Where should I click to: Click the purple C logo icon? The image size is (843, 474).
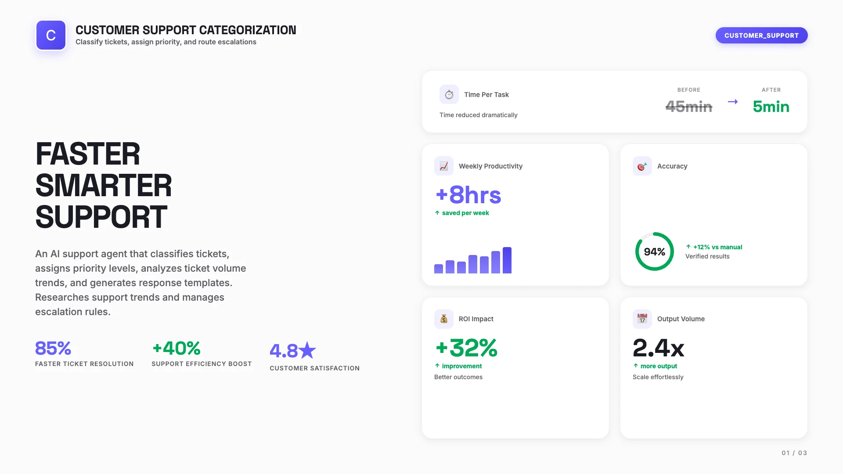coord(51,35)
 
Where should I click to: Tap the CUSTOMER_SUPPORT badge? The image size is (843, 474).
coord(761,36)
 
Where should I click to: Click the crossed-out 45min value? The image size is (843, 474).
coord(688,107)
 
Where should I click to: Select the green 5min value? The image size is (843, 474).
coord(771,107)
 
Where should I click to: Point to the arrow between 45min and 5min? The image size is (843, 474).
coord(733,102)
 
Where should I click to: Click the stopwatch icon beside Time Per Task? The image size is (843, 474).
coord(449,94)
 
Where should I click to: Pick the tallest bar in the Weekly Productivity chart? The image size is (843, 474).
coord(507,260)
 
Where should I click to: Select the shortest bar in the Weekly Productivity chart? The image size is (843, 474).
coord(439,269)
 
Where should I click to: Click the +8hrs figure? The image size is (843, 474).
coord(468,195)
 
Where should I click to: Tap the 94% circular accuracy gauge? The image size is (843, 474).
coord(654,251)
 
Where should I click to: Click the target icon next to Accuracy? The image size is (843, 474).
coord(642,166)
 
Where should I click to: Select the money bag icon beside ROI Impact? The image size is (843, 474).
coord(444,319)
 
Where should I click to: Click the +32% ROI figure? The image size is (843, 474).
coord(466,348)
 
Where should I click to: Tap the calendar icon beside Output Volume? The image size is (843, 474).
coord(642,319)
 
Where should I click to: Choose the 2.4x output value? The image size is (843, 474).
coord(658,348)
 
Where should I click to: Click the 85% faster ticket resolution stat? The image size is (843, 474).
coord(53,348)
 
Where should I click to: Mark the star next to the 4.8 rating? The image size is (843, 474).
coord(307,350)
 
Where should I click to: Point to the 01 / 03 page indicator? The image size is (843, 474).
coord(794,453)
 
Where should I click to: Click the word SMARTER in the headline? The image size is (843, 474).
coord(104,186)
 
